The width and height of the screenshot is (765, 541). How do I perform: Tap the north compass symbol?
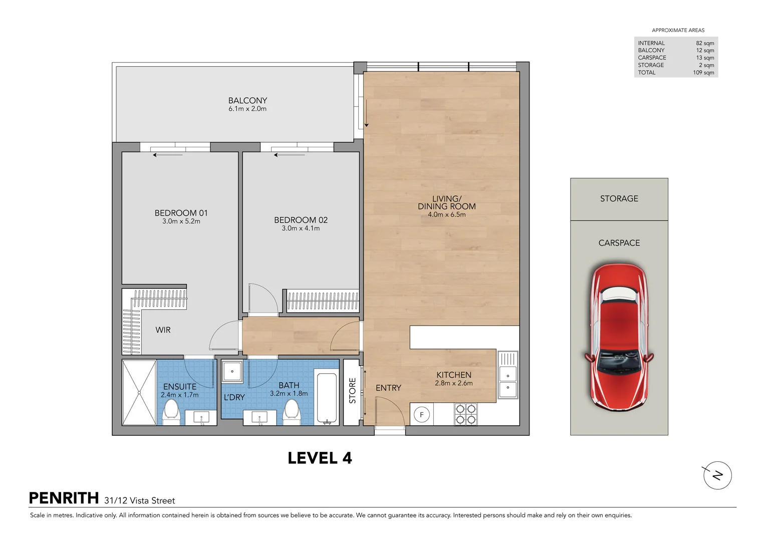click(x=717, y=475)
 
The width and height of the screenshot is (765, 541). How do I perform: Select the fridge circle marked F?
click(x=421, y=415)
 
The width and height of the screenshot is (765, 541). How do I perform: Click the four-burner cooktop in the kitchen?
click(x=466, y=414)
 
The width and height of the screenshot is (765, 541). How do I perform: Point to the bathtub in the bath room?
click(x=327, y=398)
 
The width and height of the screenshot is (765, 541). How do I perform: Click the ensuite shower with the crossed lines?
click(x=139, y=392)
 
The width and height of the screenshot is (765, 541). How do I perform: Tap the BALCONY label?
click(x=247, y=100)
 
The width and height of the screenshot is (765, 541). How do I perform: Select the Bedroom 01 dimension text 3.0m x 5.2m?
click(x=181, y=221)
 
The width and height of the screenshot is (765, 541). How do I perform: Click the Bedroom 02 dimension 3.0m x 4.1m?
click(x=301, y=228)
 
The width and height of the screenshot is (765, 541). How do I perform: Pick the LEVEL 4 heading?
click(x=320, y=458)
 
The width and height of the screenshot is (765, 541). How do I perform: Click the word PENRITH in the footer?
click(x=64, y=498)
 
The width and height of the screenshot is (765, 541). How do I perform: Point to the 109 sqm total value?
click(x=703, y=73)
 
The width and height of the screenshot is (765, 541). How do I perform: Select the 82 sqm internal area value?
click(x=705, y=43)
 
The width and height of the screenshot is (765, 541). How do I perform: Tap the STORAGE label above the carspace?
click(x=619, y=198)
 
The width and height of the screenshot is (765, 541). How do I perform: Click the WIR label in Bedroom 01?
click(x=163, y=330)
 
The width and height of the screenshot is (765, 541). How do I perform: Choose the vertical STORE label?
click(x=353, y=390)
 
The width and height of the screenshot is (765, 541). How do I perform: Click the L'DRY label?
click(x=234, y=397)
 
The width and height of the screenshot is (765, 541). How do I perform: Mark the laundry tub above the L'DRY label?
click(x=232, y=371)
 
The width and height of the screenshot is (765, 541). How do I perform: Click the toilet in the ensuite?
click(x=171, y=412)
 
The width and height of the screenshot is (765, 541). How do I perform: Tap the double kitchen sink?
click(x=508, y=375)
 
